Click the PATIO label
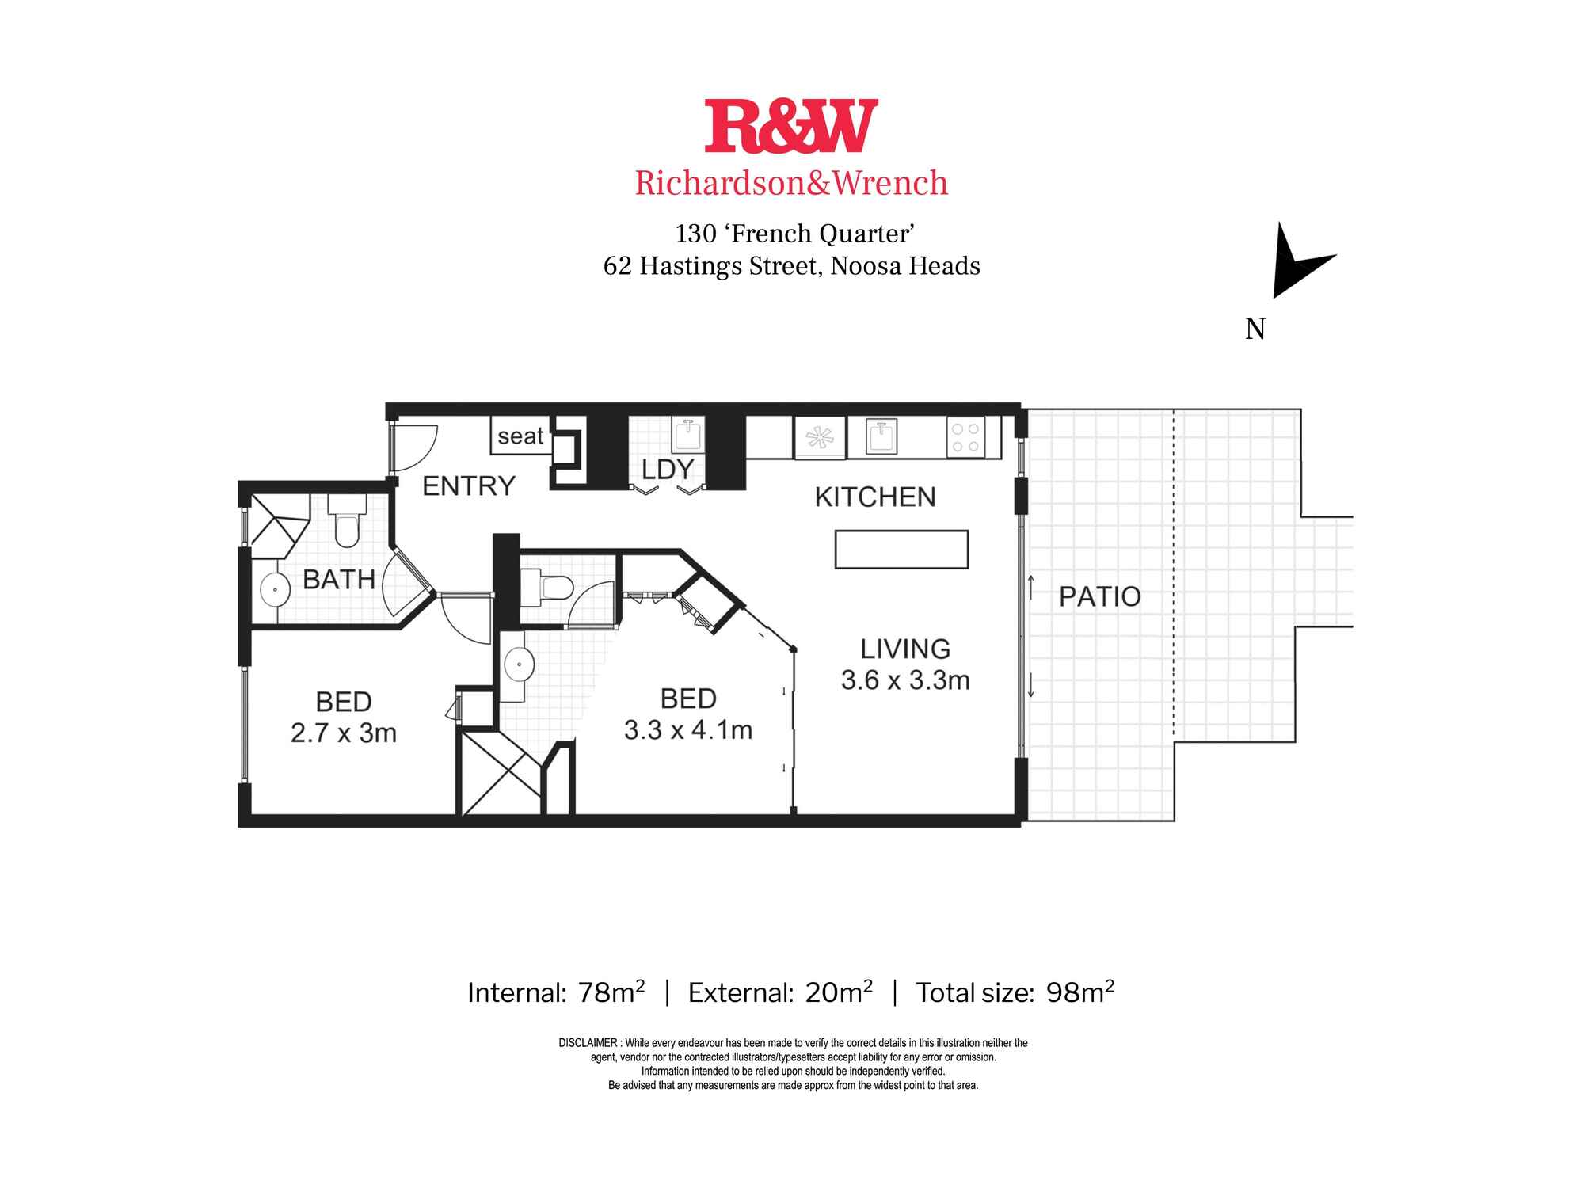click(x=1100, y=596)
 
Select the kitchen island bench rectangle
click(x=901, y=550)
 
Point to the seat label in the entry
click(x=520, y=436)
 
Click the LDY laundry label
click(x=668, y=470)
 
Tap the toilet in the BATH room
click(x=347, y=524)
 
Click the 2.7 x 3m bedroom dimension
click(x=343, y=733)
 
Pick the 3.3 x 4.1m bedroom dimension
click(x=687, y=730)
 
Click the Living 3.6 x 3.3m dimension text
click(x=905, y=680)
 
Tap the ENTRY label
click(x=469, y=485)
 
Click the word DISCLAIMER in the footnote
click(x=588, y=1043)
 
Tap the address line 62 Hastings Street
click(x=792, y=266)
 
